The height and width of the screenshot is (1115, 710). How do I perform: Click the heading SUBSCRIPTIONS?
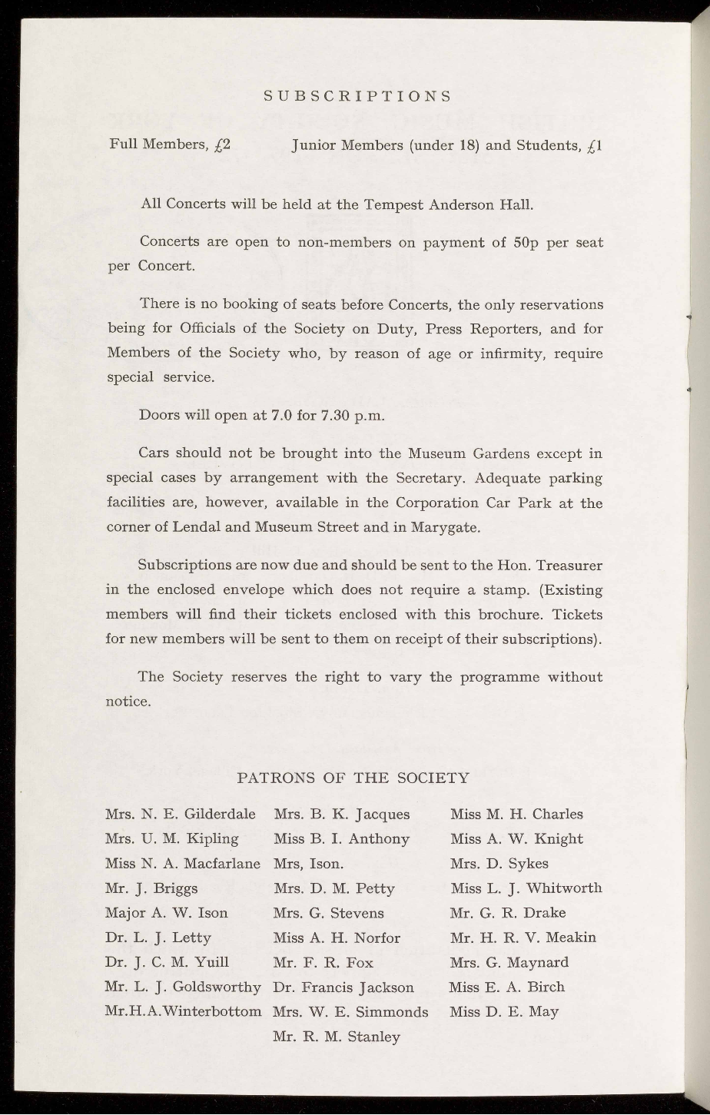click(x=356, y=97)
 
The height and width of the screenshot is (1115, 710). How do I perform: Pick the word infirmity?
click(x=509, y=354)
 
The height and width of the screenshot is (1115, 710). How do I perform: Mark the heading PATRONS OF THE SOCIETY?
click(x=354, y=778)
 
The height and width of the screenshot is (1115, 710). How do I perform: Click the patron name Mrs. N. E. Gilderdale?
click(x=181, y=814)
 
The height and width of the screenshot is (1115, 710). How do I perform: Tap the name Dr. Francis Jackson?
click(x=343, y=987)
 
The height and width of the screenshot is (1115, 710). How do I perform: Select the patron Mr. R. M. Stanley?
click(x=337, y=1037)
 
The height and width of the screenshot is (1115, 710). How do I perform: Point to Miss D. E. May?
click(x=504, y=1012)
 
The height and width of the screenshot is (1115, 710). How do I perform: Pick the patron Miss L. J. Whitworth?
click(x=526, y=888)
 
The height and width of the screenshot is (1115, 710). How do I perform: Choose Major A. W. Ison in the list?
click(x=166, y=913)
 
